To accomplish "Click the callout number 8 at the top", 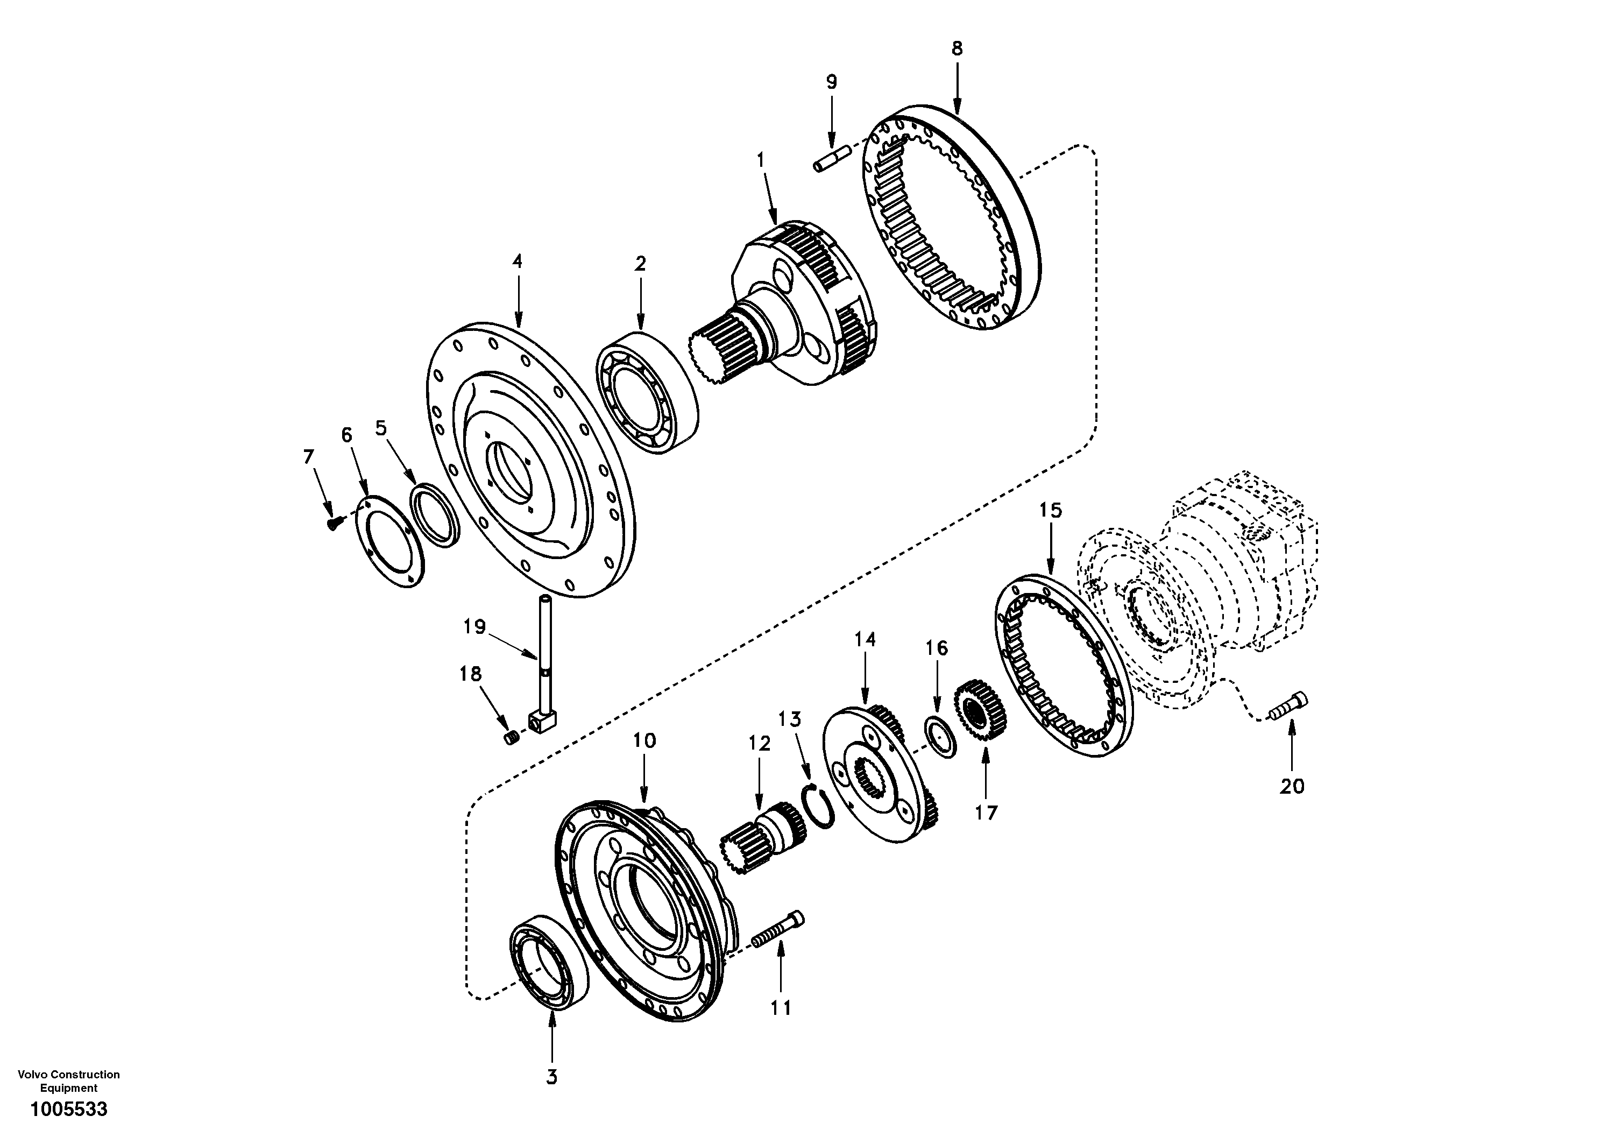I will [957, 49].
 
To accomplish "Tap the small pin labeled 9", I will [830, 157].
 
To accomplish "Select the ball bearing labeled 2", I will [647, 393].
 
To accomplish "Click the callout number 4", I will [516, 262].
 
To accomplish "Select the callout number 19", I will [474, 627].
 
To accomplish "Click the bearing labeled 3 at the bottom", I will [546, 971].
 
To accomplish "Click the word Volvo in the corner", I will [31, 1074].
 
